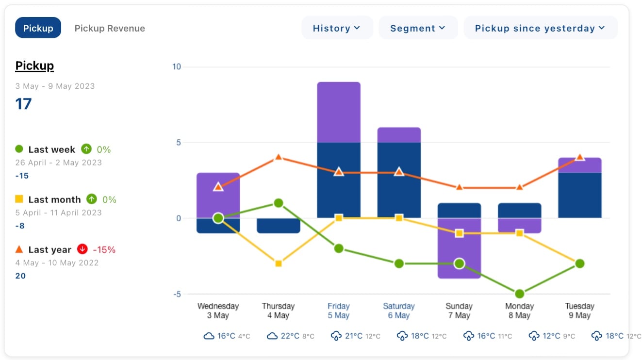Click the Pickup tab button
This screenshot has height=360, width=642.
click(x=38, y=28)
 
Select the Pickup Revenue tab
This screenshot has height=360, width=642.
click(x=110, y=28)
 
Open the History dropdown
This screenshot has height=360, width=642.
click(x=337, y=28)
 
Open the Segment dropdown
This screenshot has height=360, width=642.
click(x=418, y=28)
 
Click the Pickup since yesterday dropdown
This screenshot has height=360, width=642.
click(x=540, y=28)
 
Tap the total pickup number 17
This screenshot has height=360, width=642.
click(x=23, y=104)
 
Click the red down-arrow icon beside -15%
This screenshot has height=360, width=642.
click(x=82, y=249)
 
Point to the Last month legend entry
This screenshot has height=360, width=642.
click(x=54, y=199)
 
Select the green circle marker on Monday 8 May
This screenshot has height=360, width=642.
click(x=519, y=294)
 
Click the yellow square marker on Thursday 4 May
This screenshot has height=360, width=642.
click(x=279, y=263)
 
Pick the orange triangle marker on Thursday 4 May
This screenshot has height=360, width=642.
click(x=279, y=157)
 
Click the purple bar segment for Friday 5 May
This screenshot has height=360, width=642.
click(x=339, y=112)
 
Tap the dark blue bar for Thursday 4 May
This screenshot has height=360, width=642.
click(x=279, y=226)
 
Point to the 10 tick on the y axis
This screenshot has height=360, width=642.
click(x=177, y=66)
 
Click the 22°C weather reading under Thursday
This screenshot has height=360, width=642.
click(x=290, y=336)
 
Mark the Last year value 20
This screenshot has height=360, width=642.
click(x=20, y=276)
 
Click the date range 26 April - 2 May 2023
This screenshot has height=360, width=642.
click(x=59, y=163)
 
